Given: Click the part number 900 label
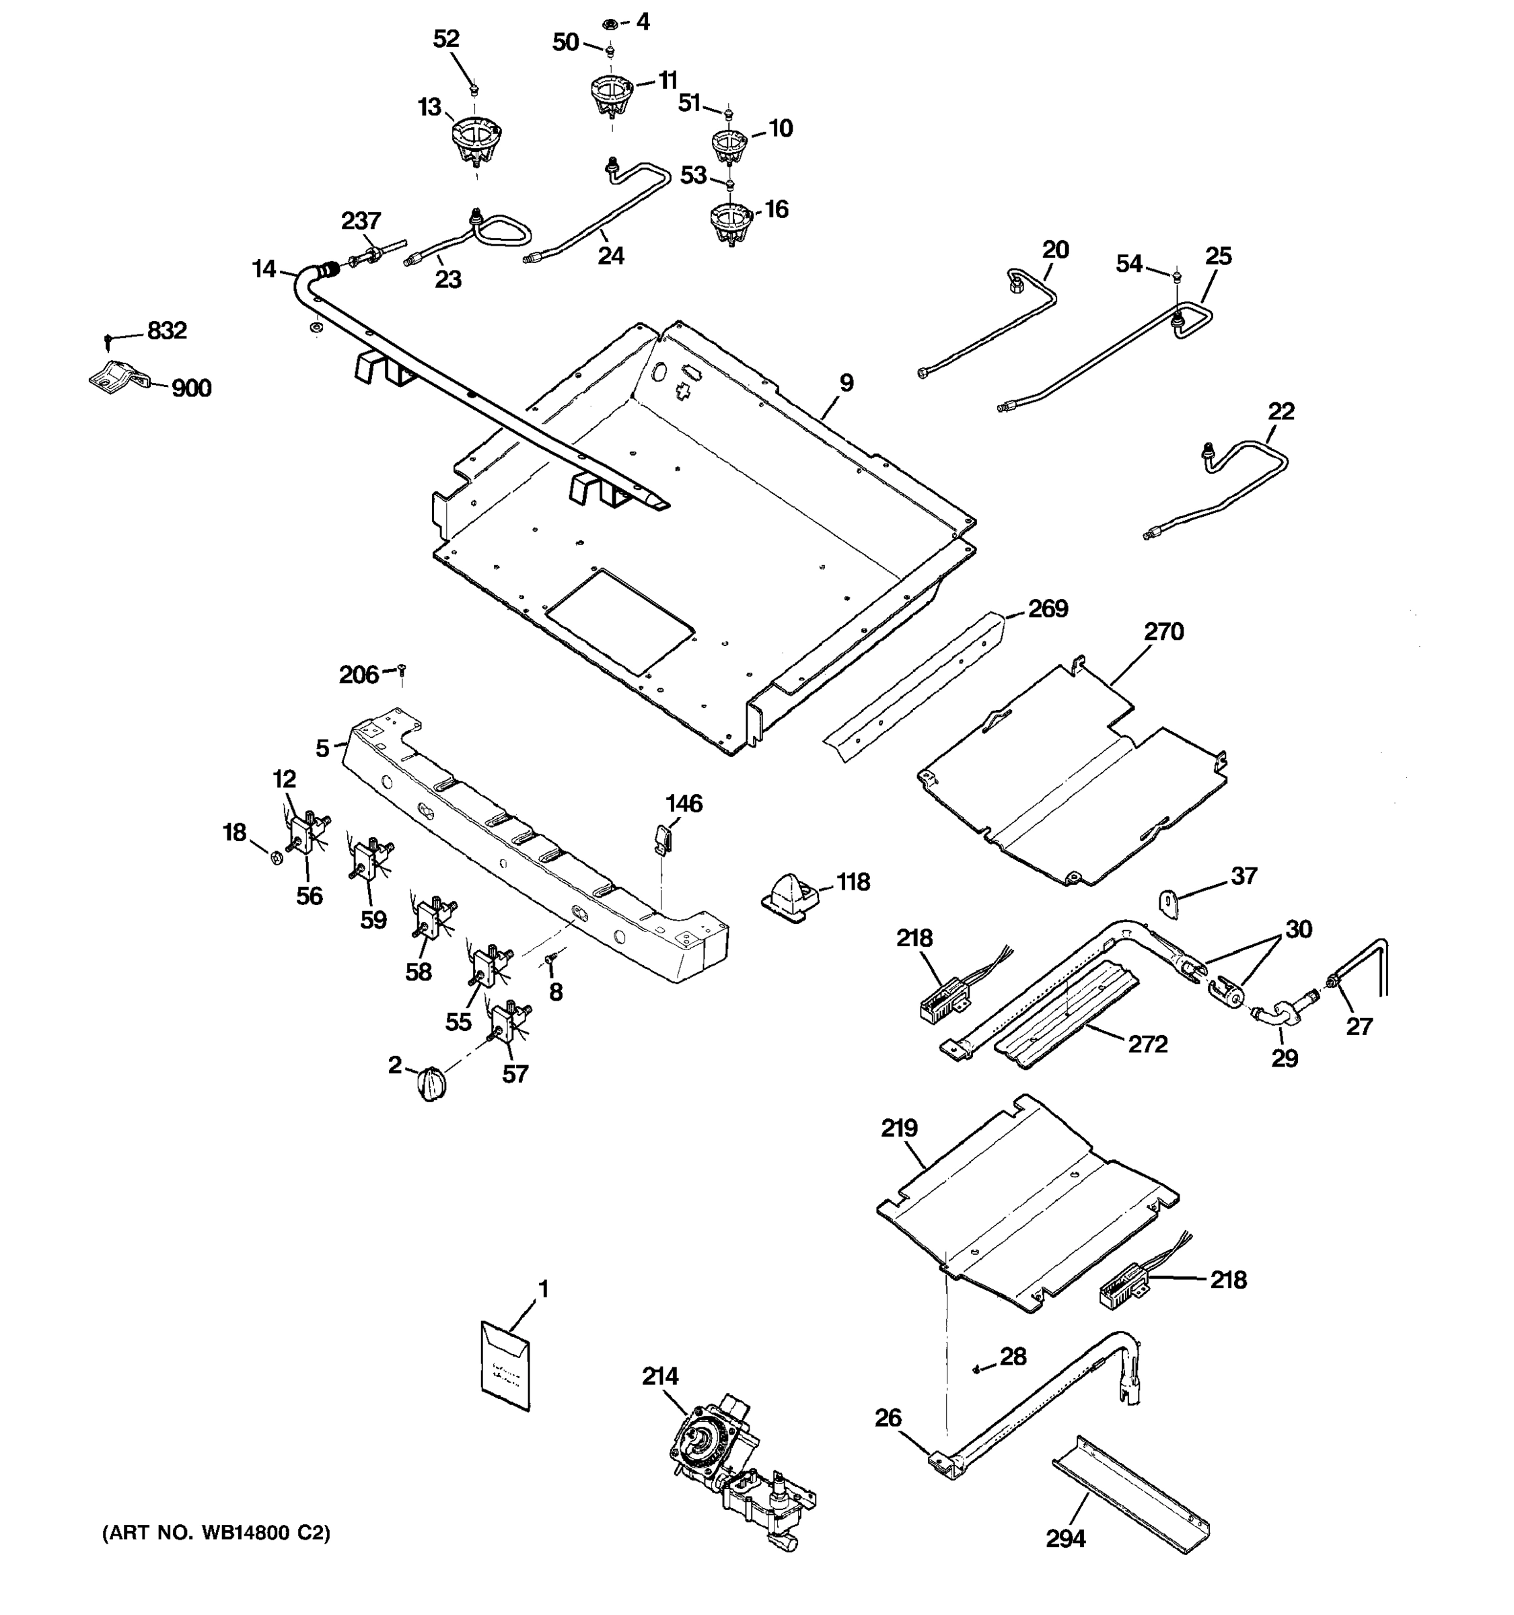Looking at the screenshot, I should click(x=192, y=388).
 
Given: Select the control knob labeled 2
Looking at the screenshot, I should click(x=431, y=1083).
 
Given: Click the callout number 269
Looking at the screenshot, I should click(x=1048, y=608).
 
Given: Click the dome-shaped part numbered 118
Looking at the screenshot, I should click(x=788, y=895).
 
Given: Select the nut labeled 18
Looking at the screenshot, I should click(x=275, y=856).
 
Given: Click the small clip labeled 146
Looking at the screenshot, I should click(x=663, y=836).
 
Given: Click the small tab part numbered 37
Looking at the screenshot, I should click(x=1169, y=903).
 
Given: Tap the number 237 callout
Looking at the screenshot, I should click(x=361, y=221).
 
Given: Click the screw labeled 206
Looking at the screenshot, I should click(x=401, y=670).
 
